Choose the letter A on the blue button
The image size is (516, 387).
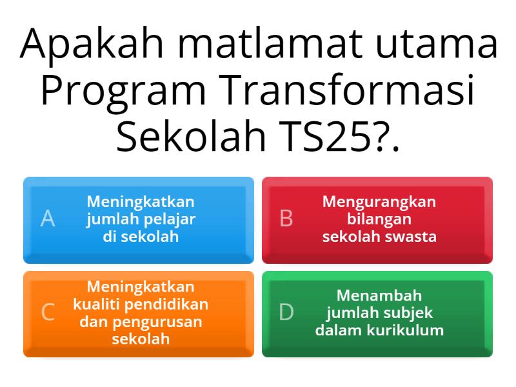(x=48, y=219)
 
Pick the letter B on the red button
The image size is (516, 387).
(x=286, y=219)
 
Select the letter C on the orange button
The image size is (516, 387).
(x=48, y=312)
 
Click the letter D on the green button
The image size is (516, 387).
(x=286, y=312)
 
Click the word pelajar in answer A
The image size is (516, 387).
(x=169, y=219)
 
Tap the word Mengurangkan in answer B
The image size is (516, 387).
(x=379, y=202)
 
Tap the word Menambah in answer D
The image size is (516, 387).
(x=379, y=295)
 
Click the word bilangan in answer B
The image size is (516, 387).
(x=379, y=219)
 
